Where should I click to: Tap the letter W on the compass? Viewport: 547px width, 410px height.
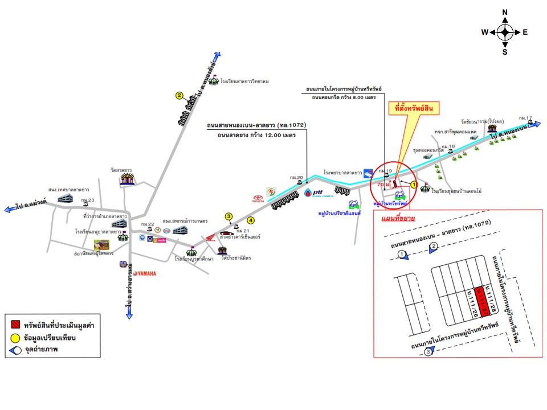point(484,32)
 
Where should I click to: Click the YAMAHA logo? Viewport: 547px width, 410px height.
point(142,273)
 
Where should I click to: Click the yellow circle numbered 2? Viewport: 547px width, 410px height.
point(179,96)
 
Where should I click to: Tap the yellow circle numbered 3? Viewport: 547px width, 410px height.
point(228,216)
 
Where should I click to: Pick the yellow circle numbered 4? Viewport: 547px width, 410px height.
point(251,220)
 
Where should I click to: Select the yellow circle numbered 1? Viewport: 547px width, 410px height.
point(414,178)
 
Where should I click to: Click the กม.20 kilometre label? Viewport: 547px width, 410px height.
point(296,177)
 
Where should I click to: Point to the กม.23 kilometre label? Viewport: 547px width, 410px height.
point(87,200)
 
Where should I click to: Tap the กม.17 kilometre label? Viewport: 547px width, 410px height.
point(525,118)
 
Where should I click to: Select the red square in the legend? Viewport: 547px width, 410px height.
point(13,325)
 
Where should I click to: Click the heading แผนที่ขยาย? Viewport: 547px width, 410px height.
point(400,218)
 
